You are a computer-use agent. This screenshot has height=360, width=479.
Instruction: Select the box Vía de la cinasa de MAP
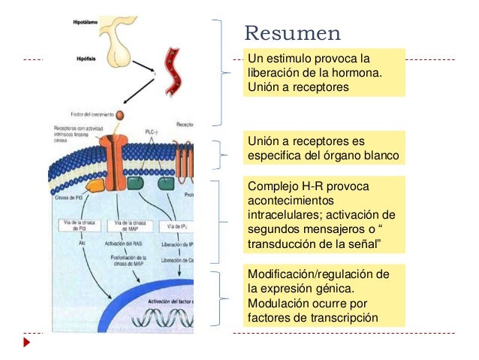click(130, 225)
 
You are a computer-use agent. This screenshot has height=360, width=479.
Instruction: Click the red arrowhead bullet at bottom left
click(27, 342)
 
